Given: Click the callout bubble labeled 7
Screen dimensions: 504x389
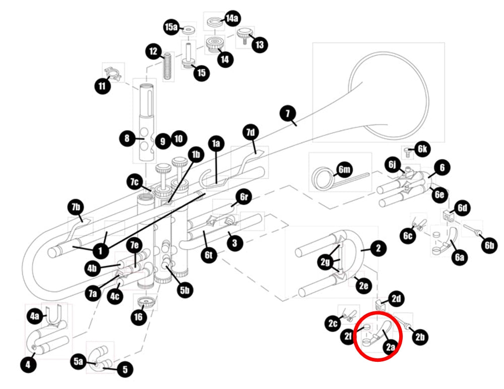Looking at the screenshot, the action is [x=288, y=113].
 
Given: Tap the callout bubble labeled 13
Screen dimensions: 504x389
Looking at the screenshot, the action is [x=260, y=44].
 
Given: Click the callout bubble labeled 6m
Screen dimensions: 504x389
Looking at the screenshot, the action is [x=344, y=169].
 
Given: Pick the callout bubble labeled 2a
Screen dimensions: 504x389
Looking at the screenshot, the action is [x=390, y=347].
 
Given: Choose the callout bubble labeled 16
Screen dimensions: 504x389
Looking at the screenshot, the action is [x=138, y=317].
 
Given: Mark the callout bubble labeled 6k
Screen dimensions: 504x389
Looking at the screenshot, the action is [x=422, y=149].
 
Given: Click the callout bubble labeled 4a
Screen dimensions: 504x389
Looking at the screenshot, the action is [x=35, y=316].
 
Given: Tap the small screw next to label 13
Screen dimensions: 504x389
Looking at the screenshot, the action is [x=245, y=36].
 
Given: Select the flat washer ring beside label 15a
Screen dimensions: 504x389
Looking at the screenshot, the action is [x=189, y=31].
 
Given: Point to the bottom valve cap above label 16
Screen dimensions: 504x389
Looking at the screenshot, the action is [x=146, y=302].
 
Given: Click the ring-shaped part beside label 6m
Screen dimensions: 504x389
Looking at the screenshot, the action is [x=324, y=178].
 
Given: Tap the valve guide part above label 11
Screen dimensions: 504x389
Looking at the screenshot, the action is [x=113, y=74].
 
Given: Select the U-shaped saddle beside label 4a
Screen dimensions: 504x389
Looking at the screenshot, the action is [x=54, y=315].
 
